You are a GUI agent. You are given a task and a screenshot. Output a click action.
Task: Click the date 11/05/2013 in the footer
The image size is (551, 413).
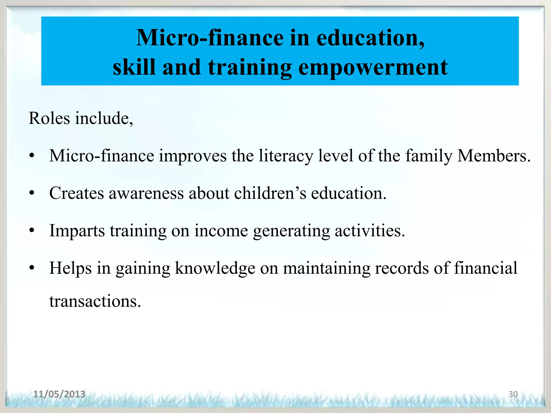pos(59,394)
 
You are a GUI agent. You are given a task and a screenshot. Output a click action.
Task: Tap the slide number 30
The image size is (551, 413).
pos(513,394)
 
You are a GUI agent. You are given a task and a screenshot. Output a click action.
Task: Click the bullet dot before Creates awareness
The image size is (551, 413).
pos(32,193)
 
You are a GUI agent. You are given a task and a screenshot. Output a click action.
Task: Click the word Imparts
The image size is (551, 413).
pos(77,231)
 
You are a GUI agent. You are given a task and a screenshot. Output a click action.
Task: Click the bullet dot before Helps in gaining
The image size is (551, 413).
pos(32,268)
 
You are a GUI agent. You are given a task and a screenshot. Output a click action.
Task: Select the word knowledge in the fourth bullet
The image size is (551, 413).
pos(215,268)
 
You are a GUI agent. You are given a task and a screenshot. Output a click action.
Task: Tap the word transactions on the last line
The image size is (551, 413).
pos(95,301)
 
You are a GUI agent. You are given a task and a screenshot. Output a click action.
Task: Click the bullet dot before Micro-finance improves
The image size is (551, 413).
pos(32,156)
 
